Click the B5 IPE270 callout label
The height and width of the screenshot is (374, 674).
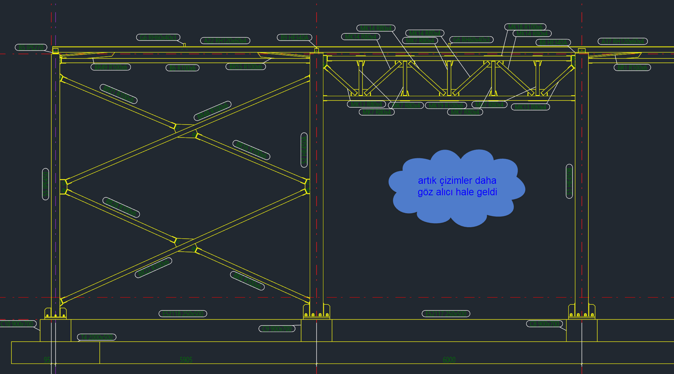pos(31,47)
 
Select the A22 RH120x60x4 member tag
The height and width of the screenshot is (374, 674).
pos(225,41)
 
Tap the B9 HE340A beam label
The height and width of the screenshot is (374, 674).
pos(294,37)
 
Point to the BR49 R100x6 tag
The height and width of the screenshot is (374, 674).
pos(111,67)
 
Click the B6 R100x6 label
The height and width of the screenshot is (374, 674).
pos(182,68)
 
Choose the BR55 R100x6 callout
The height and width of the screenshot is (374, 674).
pos(246,66)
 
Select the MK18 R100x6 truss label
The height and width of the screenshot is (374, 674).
pos(525,27)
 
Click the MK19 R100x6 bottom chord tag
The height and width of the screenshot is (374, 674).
pos(446,106)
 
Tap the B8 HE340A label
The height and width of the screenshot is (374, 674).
pos(553,42)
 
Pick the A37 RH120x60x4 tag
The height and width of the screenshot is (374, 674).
pos(622,41)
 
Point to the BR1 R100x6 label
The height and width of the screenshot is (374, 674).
pos(632,67)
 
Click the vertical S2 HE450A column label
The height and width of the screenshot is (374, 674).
pos(304,150)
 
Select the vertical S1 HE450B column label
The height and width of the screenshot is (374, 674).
pos(569,181)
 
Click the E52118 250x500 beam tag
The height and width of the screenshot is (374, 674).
pos(183,314)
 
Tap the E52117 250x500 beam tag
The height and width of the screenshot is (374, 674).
pos(446,314)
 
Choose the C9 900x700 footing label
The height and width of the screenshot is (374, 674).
pos(277,328)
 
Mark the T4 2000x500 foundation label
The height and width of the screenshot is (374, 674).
pos(97,337)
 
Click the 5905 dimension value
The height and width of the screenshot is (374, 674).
pos(186,360)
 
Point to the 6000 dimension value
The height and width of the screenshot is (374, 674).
pos(449,360)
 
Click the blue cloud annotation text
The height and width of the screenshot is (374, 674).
pos(457,186)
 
